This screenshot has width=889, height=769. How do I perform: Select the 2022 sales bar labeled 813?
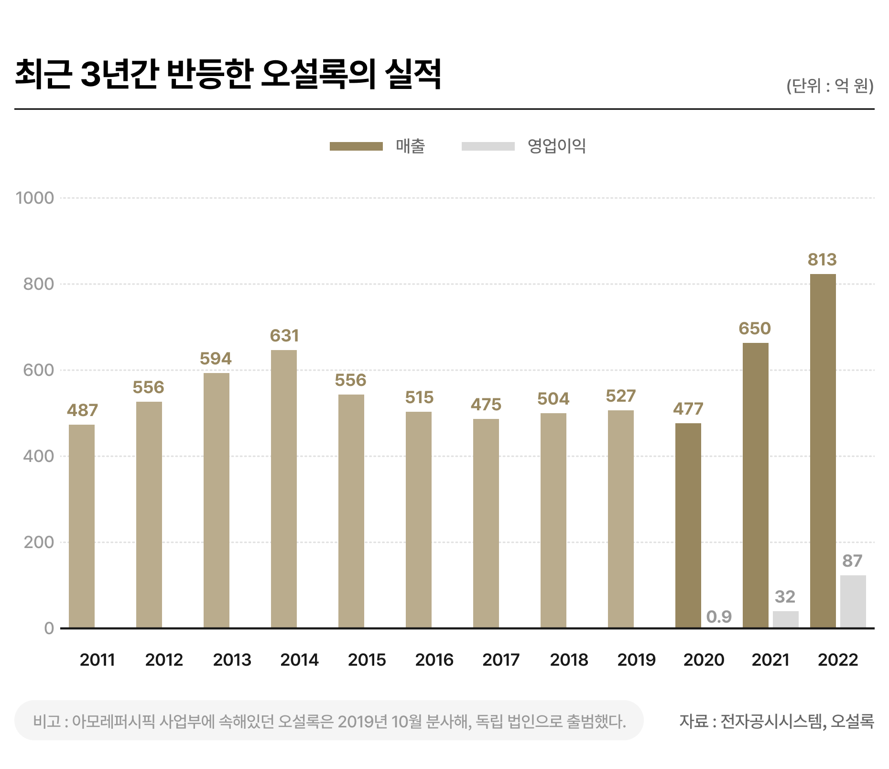click(823, 450)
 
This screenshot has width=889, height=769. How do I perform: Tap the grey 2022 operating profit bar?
click(853, 601)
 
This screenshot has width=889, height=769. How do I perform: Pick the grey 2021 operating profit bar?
click(785, 619)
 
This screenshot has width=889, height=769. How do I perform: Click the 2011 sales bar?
click(82, 526)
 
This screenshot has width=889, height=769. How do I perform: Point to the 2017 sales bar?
click(486, 523)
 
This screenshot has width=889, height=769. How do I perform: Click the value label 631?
click(284, 336)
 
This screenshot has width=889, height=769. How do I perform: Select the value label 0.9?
click(719, 616)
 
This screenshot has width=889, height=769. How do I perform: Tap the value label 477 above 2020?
click(688, 409)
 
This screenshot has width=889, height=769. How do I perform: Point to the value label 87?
click(852, 560)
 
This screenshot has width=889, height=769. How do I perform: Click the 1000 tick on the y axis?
click(35, 198)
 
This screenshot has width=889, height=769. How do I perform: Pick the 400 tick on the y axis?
click(38, 456)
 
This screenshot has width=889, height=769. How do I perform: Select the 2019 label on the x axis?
click(636, 660)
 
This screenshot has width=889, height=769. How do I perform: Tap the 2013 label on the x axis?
click(232, 660)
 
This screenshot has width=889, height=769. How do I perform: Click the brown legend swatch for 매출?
click(356, 146)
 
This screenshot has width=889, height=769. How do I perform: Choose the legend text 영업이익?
click(556, 146)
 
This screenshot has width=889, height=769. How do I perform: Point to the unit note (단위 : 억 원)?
click(830, 86)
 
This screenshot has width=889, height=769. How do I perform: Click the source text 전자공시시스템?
click(772, 721)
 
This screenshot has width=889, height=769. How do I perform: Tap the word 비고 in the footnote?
click(46, 721)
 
